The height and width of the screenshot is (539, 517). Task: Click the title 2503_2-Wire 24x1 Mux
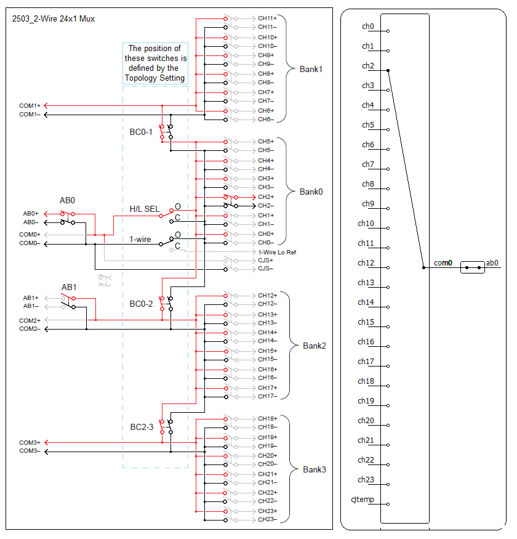point(54,19)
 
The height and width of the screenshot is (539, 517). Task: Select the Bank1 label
point(311,69)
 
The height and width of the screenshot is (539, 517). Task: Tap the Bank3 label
point(314,469)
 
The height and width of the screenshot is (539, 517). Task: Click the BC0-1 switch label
point(141,132)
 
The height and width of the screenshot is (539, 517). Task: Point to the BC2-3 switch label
point(141,427)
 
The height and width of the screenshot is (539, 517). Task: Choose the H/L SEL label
point(144,209)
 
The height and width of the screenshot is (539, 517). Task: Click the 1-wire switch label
point(141,239)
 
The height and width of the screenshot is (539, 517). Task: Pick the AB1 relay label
point(69,288)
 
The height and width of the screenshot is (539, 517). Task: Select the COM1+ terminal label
point(30,105)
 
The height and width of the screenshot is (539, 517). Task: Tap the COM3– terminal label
point(30,451)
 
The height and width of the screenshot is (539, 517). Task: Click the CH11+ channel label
point(267,18)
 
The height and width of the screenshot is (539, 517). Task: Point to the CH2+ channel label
point(266,197)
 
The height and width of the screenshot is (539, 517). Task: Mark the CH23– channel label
point(267,519)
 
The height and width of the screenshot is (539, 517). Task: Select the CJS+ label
point(265,261)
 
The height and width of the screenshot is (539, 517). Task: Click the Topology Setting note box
point(155,63)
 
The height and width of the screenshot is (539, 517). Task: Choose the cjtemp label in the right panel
point(362,499)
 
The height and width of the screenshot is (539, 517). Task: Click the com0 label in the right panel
point(443,263)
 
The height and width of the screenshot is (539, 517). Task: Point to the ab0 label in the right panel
point(492,263)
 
